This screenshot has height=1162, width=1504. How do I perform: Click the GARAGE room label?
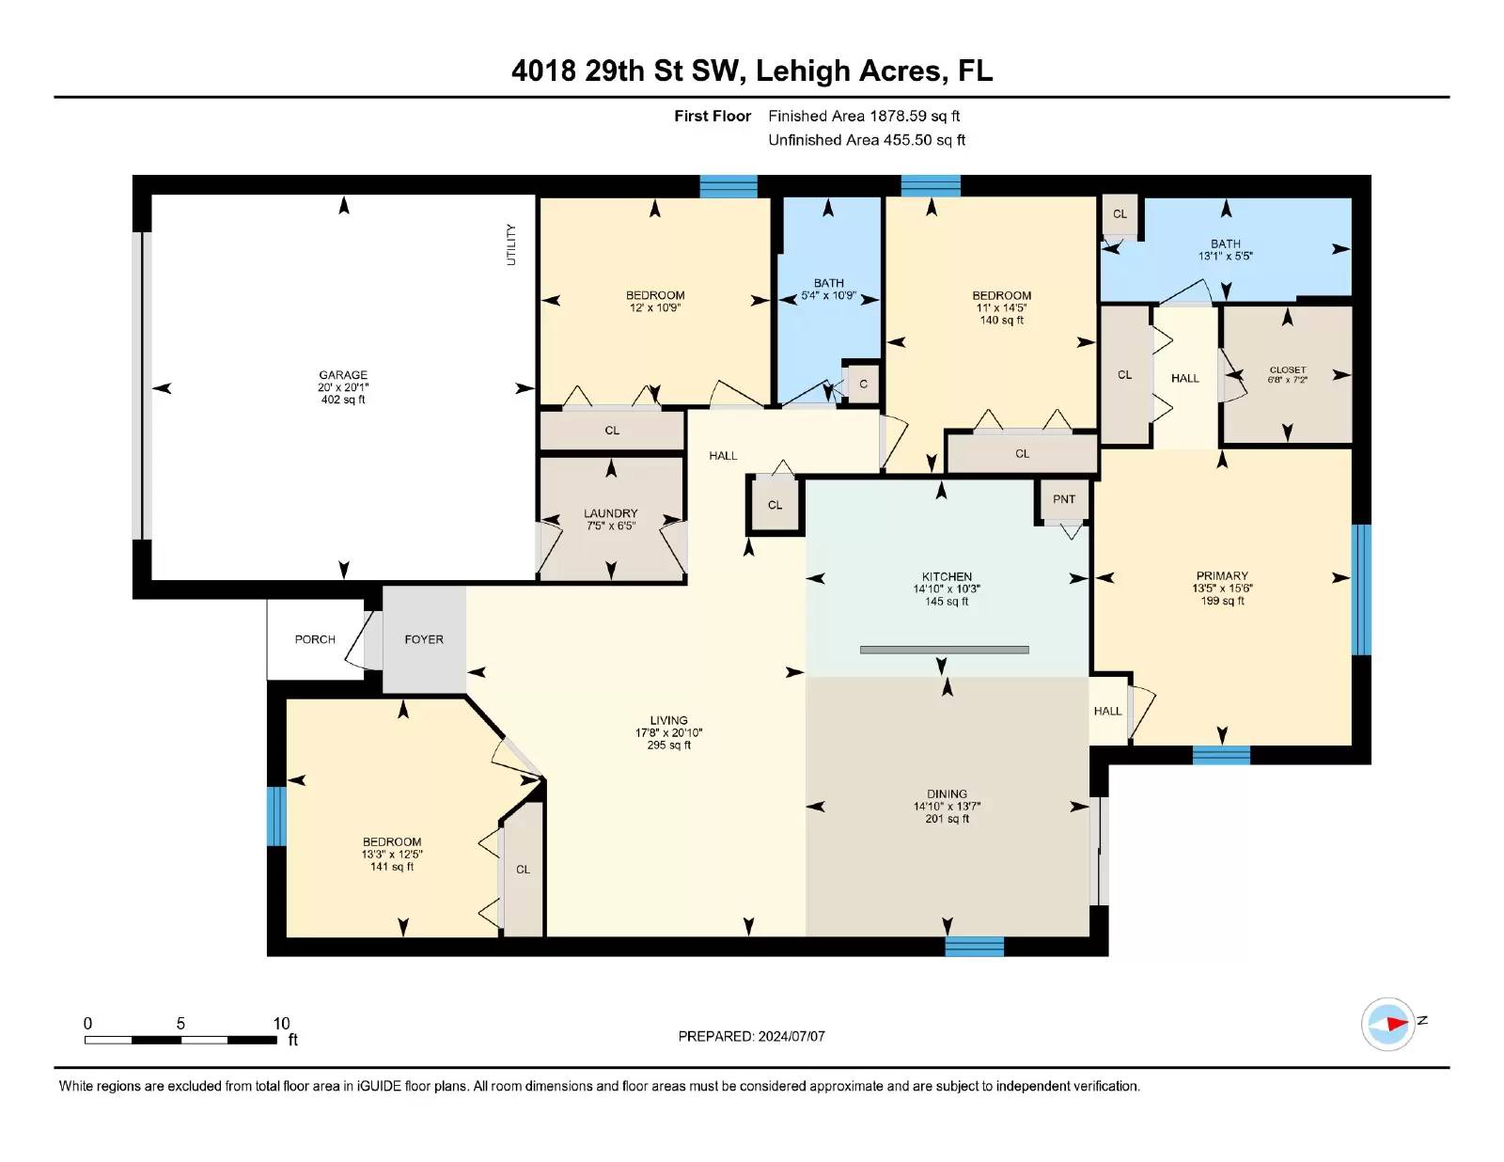click(x=342, y=375)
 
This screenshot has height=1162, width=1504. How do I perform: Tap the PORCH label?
click(x=315, y=639)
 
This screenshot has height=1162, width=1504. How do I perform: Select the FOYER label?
click(x=424, y=639)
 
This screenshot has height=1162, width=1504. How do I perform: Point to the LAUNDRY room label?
click(x=610, y=513)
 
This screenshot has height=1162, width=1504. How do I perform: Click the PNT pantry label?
click(x=1064, y=499)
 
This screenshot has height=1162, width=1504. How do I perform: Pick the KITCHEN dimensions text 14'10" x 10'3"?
click(x=947, y=589)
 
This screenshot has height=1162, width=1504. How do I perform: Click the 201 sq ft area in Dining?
click(x=947, y=819)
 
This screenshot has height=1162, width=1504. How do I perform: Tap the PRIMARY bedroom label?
click(x=1222, y=575)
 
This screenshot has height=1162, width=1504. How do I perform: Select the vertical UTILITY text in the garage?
click(x=510, y=244)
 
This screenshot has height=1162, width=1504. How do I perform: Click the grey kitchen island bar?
click(x=944, y=650)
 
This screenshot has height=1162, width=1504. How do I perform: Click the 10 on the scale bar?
click(x=281, y=1024)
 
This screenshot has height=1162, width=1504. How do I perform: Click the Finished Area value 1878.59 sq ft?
click(x=915, y=117)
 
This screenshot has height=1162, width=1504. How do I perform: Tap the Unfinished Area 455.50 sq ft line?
click(x=867, y=140)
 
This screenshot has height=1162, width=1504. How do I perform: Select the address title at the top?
click(x=752, y=71)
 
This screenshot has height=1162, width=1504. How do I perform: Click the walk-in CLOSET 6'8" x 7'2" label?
click(x=1288, y=374)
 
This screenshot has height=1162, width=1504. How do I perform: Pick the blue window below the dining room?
click(x=975, y=946)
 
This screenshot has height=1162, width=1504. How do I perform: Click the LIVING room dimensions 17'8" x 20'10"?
click(x=668, y=733)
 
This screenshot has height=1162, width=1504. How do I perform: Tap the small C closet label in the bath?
click(x=863, y=385)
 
